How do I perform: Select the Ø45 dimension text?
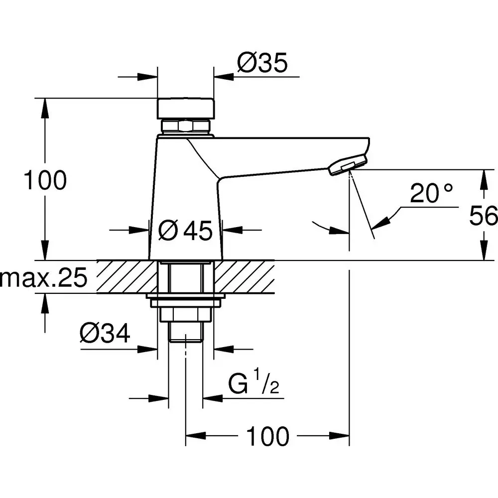[x=186, y=230]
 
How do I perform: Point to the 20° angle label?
[x=432, y=193]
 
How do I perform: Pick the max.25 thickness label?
[x=43, y=279]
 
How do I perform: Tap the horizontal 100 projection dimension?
[x=268, y=437]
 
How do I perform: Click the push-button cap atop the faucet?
[x=186, y=108]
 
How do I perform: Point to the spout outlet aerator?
[x=348, y=165]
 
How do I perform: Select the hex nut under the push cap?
[x=185, y=125]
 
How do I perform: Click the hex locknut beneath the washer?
[x=186, y=315]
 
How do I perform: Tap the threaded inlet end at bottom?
[x=186, y=333]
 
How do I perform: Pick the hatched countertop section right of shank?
[x=244, y=276]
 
